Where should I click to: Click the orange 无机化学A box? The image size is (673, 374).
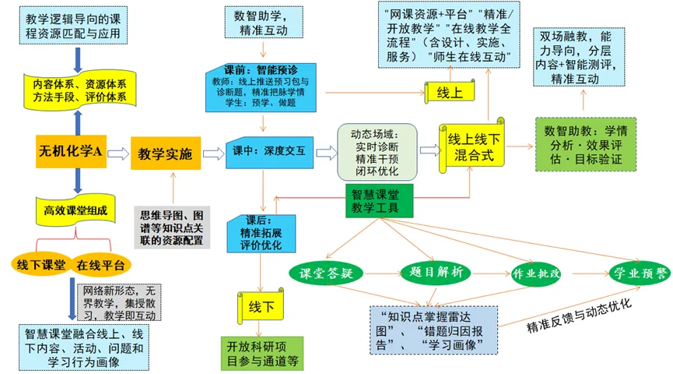point(71,151)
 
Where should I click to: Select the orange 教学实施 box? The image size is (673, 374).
point(166,153)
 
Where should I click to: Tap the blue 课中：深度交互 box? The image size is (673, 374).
point(269,152)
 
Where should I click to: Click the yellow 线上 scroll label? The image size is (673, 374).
point(450,92)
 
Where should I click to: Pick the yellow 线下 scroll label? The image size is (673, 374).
point(261,306)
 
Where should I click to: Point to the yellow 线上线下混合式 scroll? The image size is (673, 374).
point(472,146)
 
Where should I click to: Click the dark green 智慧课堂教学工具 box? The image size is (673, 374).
point(380,201)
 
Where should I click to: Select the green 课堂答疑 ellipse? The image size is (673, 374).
point(326,273)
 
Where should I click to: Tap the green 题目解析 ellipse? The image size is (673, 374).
point(436,272)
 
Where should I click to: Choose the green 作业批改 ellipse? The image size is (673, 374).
point(536,273)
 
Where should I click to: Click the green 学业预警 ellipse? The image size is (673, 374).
point(640,273)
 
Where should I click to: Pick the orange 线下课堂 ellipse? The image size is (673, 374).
point(40,264)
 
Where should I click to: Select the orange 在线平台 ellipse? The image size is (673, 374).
point(100,265)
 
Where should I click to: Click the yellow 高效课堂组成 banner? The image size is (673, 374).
point(75,210)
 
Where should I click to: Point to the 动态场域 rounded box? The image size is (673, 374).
point(377,152)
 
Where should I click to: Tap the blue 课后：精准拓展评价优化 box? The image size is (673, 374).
point(261,234)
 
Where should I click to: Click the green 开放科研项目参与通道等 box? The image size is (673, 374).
point(262,354)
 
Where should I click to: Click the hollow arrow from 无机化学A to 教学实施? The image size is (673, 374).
point(118,153)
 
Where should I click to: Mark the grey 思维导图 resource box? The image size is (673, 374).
point(172,228)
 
